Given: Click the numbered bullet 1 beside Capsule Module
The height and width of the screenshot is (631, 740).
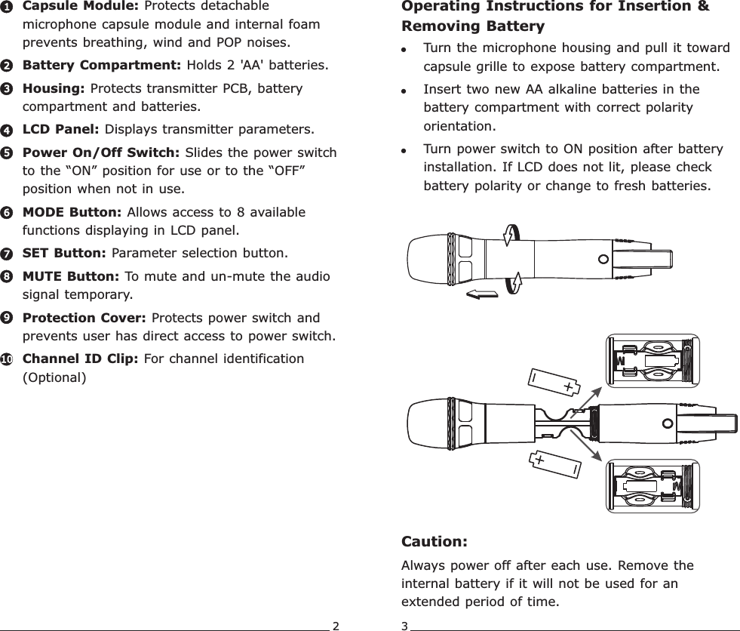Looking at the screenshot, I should [6, 7].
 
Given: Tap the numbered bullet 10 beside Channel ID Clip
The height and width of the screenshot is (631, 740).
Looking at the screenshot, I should [6, 360].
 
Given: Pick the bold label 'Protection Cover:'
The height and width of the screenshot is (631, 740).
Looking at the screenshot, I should [85, 318].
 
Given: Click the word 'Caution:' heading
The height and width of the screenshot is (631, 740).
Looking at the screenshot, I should [434, 542].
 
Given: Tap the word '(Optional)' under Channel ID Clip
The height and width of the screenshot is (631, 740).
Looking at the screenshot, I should [54, 377].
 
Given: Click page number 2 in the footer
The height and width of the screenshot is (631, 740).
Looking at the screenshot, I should [336, 625].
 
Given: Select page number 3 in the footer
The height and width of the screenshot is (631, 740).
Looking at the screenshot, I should [405, 625].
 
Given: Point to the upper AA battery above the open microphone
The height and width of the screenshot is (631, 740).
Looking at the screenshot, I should [552, 383].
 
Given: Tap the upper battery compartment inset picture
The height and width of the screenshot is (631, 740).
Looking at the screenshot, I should [652, 361].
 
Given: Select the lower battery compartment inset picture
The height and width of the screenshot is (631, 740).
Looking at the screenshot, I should [652, 485].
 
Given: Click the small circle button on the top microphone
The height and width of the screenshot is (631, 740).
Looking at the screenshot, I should [602, 259].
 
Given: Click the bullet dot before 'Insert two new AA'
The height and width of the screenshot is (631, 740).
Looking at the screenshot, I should [405, 91].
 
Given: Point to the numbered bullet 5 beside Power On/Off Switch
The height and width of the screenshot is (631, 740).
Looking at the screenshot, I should [6, 153].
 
